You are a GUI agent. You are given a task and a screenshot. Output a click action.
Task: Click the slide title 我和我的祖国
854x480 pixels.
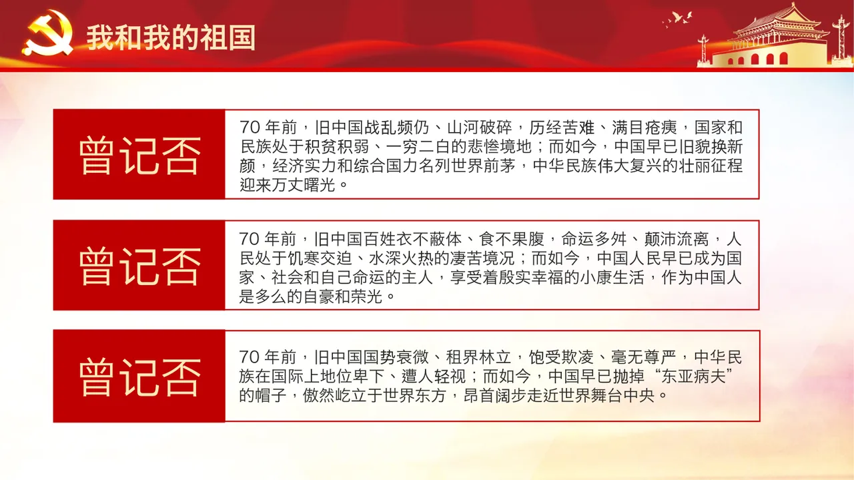coord(171,38)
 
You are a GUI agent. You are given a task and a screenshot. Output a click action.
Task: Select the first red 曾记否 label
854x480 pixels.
coord(139,155)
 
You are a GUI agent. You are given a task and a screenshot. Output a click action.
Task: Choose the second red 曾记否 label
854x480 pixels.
coord(139,266)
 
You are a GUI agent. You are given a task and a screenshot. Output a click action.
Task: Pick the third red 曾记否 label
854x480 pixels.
coord(139,377)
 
